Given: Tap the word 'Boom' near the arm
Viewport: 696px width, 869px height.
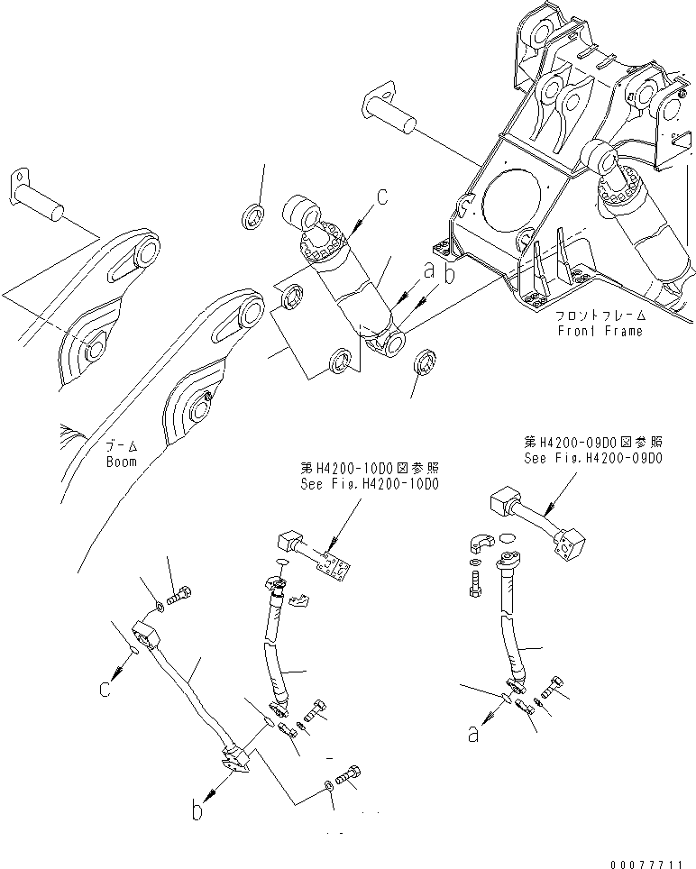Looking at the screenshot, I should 119,462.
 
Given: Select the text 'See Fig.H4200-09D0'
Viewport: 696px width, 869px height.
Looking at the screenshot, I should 593,457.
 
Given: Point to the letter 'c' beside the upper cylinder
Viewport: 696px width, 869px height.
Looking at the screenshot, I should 382,197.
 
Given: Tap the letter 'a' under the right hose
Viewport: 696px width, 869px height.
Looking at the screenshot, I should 472,735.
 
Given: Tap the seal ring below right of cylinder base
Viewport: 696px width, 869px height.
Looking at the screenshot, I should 424,363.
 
